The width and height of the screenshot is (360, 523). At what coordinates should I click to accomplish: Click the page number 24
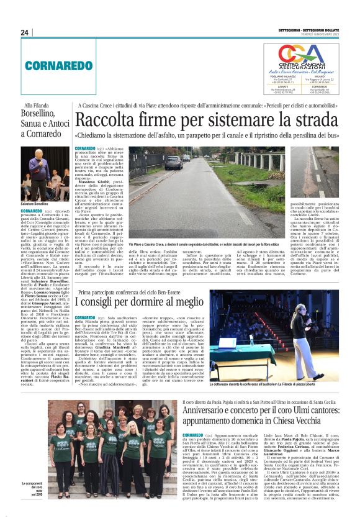pyautogui.click(x=25, y=33)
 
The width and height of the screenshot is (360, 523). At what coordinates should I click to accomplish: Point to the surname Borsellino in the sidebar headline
pyautogui.click(x=45, y=115)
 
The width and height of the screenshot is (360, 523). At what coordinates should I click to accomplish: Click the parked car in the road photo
pyautogui.click(x=173, y=163)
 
